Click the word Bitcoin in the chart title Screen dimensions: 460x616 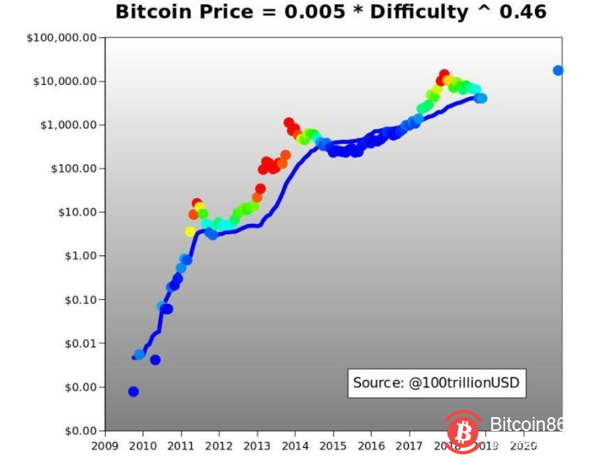pos(151,12)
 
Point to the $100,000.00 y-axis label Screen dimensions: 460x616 pos(62,38)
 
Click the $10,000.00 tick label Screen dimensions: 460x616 pos(66,82)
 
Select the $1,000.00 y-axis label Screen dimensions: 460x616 pos(69,125)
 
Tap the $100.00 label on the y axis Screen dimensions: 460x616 pos(74,169)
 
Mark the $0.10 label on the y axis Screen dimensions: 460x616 pos(80,300)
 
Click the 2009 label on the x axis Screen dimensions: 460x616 pos(104,445)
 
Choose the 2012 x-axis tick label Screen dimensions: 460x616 pos(219,445)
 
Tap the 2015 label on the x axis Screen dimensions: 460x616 pos(333,445)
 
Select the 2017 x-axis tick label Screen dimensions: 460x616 pos(410,445)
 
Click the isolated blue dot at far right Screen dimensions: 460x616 pos(558,70)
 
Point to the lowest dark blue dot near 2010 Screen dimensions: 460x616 pos(133,391)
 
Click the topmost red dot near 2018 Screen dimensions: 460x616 pos(444,74)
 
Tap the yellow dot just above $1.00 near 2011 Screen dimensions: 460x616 pos(190,231)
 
